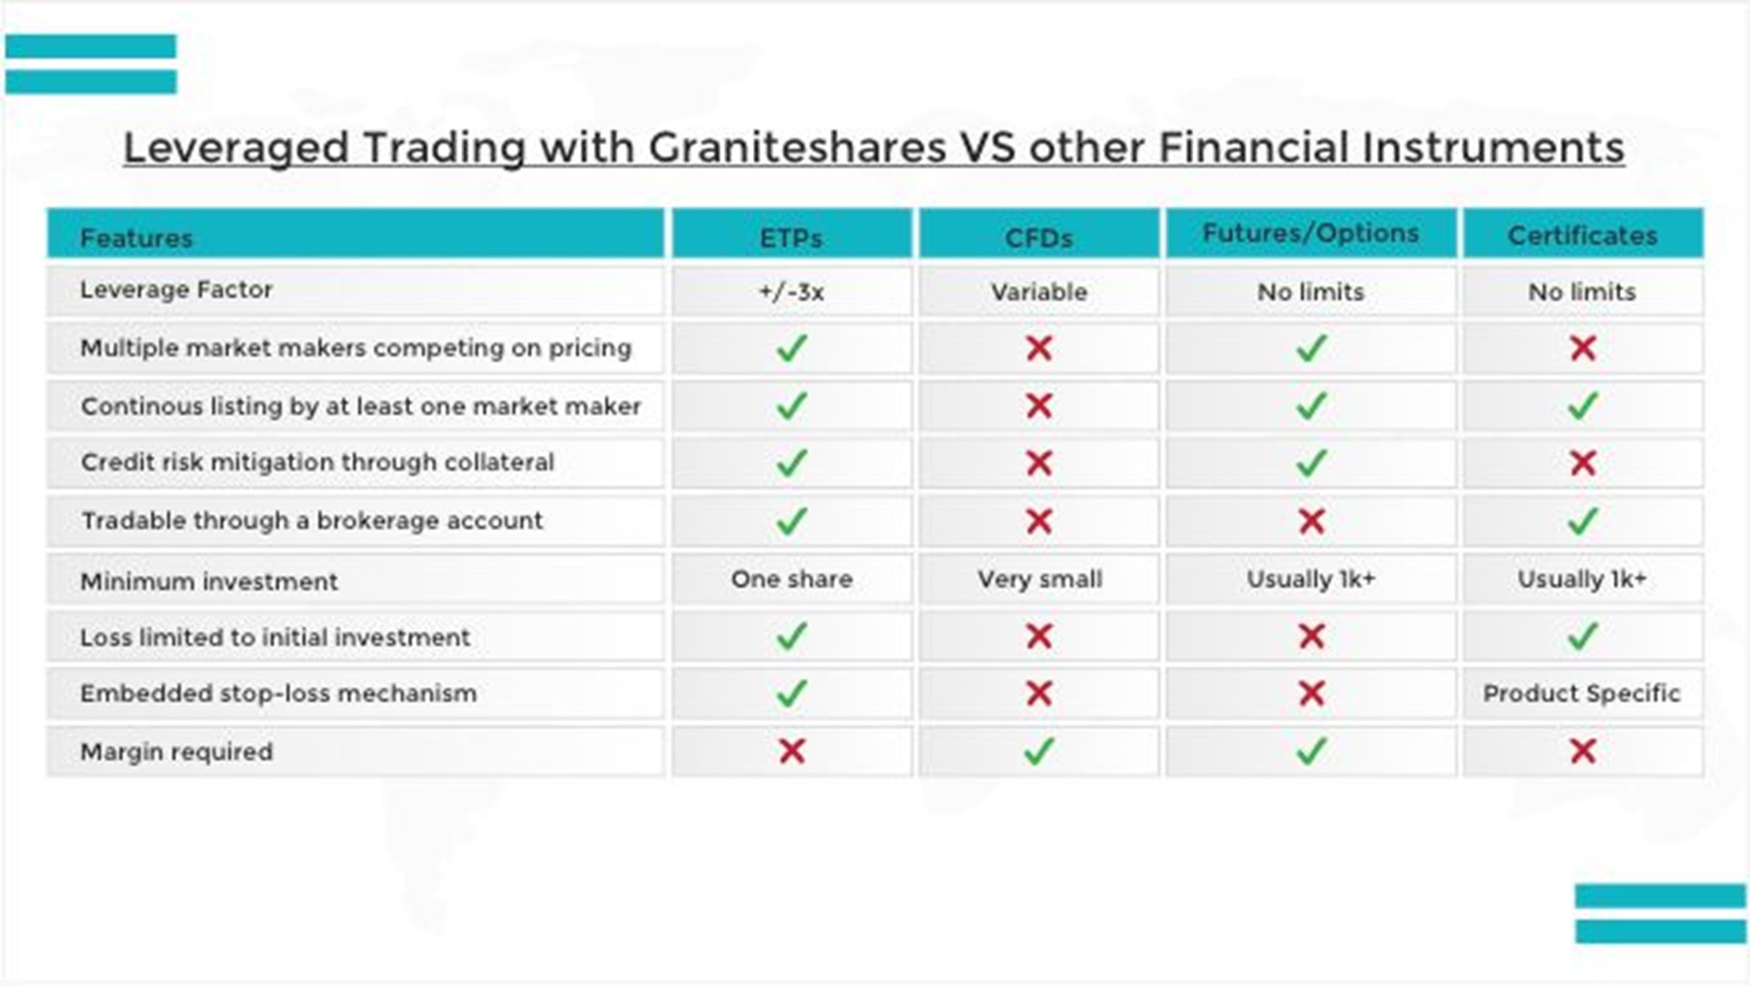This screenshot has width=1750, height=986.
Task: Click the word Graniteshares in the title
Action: (x=797, y=147)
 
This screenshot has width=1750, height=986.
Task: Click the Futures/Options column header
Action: (x=1311, y=234)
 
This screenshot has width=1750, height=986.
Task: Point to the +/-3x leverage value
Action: (x=791, y=292)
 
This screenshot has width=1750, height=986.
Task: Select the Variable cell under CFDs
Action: (x=1039, y=292)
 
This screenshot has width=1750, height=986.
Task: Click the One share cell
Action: (x=791, y=579)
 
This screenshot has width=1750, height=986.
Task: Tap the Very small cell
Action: (x=1040, y=579)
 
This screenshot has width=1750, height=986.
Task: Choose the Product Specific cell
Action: (x=1582, y=693)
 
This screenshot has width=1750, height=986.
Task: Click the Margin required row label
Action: (x=176, y=752)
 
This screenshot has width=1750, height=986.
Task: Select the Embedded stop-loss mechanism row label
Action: (x=278, y=694)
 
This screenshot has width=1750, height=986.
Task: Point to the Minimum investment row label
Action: (x=208, y=581)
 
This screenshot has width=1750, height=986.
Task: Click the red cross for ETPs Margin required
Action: (x=792, y=750)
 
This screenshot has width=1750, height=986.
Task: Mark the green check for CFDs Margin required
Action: (x=1039, y=750)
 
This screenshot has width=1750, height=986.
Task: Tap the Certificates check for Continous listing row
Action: (x=1584, y=405)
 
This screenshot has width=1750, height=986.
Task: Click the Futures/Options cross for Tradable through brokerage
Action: (x=1311, y=521)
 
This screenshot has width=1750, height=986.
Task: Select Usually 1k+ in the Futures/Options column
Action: (x=1311, y=579)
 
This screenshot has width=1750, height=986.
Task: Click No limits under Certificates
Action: (x=1582, y=292)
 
